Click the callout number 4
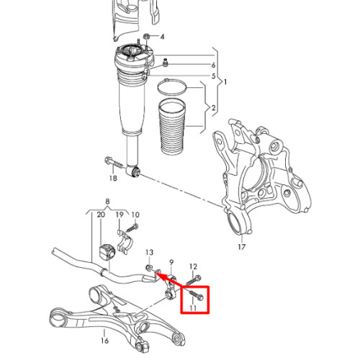(x=162, y=37)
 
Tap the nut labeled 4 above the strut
(x=146, y=37)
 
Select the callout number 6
(x=213, y=65)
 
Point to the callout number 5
(x=213, y=76)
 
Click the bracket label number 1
(x=225, y=82)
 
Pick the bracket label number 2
(x=214, y=108)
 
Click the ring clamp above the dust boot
(x=172, y=87)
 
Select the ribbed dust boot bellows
(x=172, y=127)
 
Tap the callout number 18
(x=113, y=178)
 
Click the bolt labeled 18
(x=114, y=163)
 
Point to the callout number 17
(x=242, y=246)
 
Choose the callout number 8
(x=107, y=202)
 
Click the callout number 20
(x=101, y=215)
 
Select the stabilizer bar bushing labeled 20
(x=107, y=252)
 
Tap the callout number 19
(x=120, y=215)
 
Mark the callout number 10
(x=135, y=215)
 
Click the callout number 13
(x=149, y=252)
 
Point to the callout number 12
(x=193, y=266)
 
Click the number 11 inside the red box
(x=193, y=308)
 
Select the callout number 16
(x=104, y=341)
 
